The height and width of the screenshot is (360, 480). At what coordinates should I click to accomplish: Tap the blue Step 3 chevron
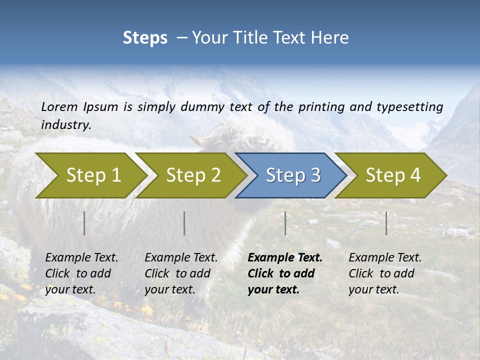pyautogui.click(x=293, y=175)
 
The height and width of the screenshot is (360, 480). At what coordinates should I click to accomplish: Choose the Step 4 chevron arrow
pyautogui.click(x=393, y=175)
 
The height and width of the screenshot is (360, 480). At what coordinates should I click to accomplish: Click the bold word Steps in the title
pyautogui.click(x=145, y=37)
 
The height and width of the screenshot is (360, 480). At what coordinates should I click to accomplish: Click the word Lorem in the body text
pyautogui.click(x=59, y=106)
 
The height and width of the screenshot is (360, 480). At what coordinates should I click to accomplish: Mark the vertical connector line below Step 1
pyautogui.click(x=84, y=223)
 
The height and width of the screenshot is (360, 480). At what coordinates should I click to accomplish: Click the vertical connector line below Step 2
pyautogui.click(x=184, y=223)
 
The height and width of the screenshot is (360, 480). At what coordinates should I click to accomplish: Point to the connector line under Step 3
pyautogui.click(x=285, y=223)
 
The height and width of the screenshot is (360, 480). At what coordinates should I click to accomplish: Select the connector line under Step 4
pyautogui.click(x=386, y=223)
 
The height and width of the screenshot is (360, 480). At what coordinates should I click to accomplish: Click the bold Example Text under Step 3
pyautogui.click(x=285, y=258)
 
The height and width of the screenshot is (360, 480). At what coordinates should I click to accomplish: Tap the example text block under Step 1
pyautogui.click(x=81, y=273)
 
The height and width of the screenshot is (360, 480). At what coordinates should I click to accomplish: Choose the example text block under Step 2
pyautogui.click(x=181, y=273)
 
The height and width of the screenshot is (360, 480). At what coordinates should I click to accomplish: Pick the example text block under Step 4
pyautogui.click(x=385, y=273)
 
